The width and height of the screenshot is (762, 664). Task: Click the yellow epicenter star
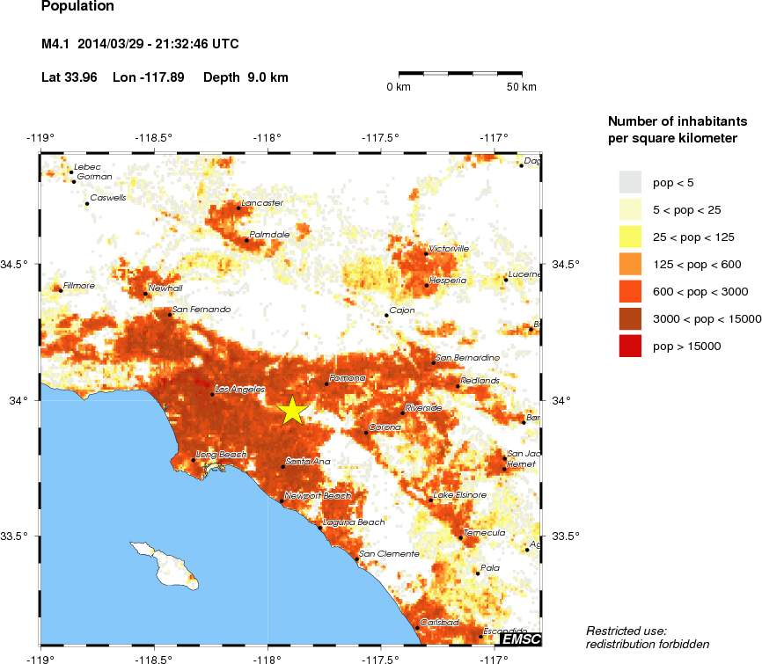(x=292, y=411)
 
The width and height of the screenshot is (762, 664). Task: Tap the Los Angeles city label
(x=234, y=389)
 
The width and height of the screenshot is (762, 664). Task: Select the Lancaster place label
(x=262, y=203)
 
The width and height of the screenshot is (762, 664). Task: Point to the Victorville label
(x=449, y=249)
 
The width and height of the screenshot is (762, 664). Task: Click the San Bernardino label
(x=468, y=358)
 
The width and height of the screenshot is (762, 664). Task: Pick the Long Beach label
(x=217, y=455)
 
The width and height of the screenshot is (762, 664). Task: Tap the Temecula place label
(x=485, y=532)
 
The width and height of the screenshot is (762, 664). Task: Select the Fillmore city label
(x=80, y=286)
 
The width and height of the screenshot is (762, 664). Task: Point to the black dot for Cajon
(x=386, y=315)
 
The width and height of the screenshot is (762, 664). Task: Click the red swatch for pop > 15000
(x=630, y=347)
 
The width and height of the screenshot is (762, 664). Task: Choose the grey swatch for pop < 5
(x=630, y=182)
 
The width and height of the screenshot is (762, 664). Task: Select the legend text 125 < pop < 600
(x=695, y=264)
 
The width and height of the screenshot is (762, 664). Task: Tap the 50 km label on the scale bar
(x=522, y=87)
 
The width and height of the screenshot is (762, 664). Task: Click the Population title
(x=77, y=6)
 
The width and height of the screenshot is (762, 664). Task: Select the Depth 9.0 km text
(x=245, y=77)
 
